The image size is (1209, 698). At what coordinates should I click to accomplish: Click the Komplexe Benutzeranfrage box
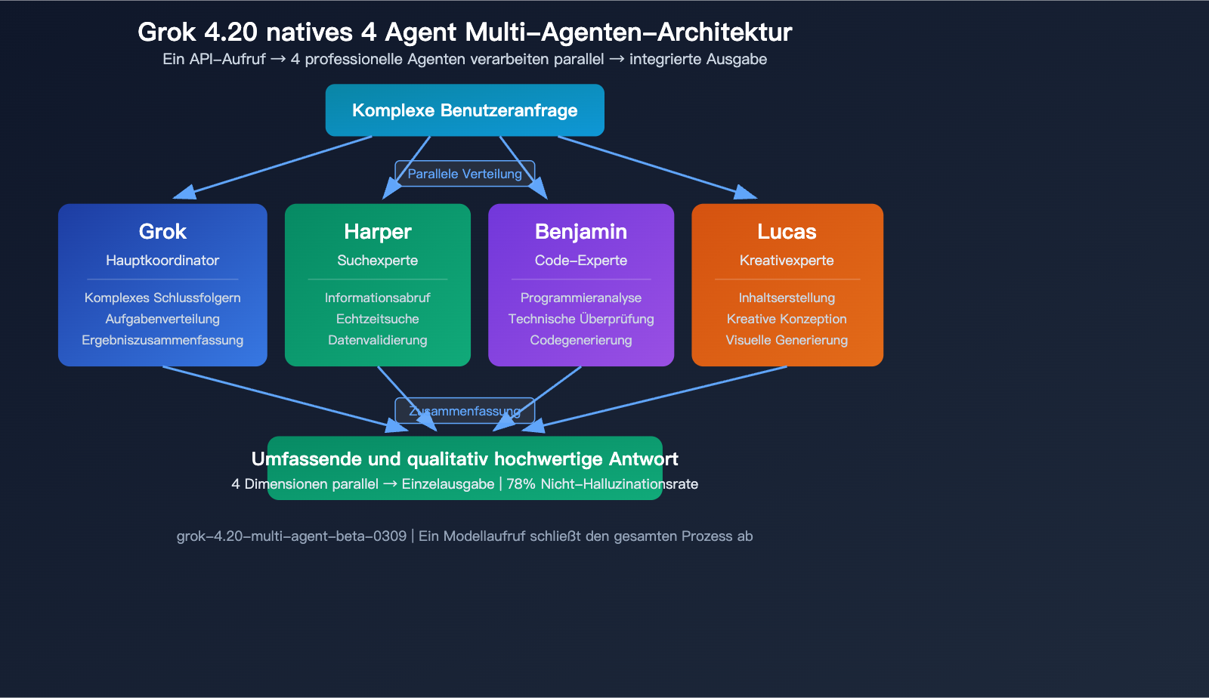(x=465, y=110)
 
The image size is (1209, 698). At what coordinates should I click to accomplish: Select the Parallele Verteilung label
(x=465, y=174)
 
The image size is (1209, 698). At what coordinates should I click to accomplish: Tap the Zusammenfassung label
(x=465, y=411)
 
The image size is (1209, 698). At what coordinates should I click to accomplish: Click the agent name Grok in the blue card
(x=162, y=231)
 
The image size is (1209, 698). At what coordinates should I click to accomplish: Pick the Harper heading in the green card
(x=378, y=231)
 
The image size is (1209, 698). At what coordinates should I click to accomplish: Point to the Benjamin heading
(x=581, y=231)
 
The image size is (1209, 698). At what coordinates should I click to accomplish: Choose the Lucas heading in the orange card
(x=787, y=231)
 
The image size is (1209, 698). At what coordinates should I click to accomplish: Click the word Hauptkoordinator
(x=162, y=261)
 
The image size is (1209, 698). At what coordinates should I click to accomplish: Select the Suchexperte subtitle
(x=378, y=261)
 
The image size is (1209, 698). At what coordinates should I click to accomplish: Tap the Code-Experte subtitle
(x=581, y=261)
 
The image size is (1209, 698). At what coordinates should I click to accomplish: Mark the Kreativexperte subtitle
(x=787, y=261)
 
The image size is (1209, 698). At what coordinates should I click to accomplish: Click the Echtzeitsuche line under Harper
(x=378, y=319)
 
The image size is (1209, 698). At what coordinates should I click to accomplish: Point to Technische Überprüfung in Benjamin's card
(x=581, y=319)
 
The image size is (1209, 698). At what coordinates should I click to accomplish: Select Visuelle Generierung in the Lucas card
(x=787, y=340)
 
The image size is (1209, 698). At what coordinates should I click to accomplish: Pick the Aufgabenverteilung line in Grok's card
(x=162, y=319)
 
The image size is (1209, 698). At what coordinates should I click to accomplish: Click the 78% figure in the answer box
(x=521, y=484)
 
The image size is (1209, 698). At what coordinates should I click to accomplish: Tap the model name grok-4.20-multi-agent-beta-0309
(x=292, y=536)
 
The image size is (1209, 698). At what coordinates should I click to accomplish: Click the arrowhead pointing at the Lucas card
(x=746, y=193)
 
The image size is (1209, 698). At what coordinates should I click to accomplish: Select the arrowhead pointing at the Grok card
(x=184, y=193)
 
